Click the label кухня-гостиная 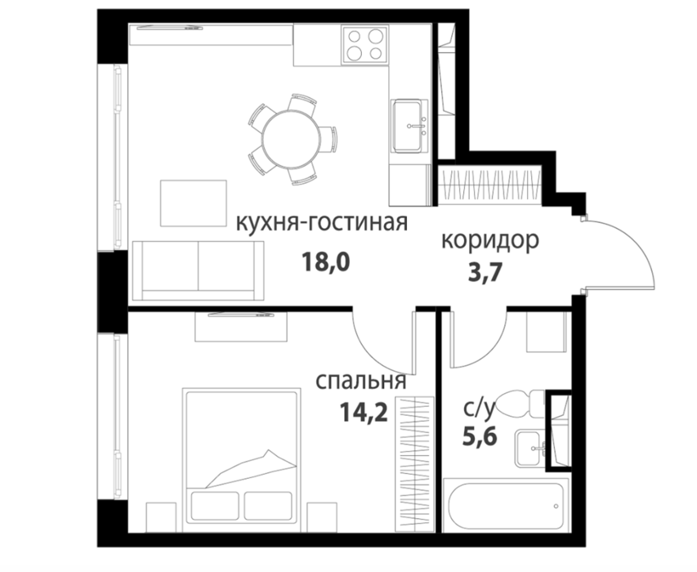coord(322,223)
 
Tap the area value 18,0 coord(326,261)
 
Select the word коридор coord(490,241)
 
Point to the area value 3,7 coord(485,272)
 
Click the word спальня coord(360,381)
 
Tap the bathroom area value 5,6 coord(479,436)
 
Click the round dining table coord(291,138)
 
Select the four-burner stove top coord(364,44)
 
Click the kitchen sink coord(408,126)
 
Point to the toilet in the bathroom coord(520,404)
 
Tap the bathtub coord(507,505)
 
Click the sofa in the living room coord(198,270)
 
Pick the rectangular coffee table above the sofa coord(194,203)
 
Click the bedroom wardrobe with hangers coord(415,464)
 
